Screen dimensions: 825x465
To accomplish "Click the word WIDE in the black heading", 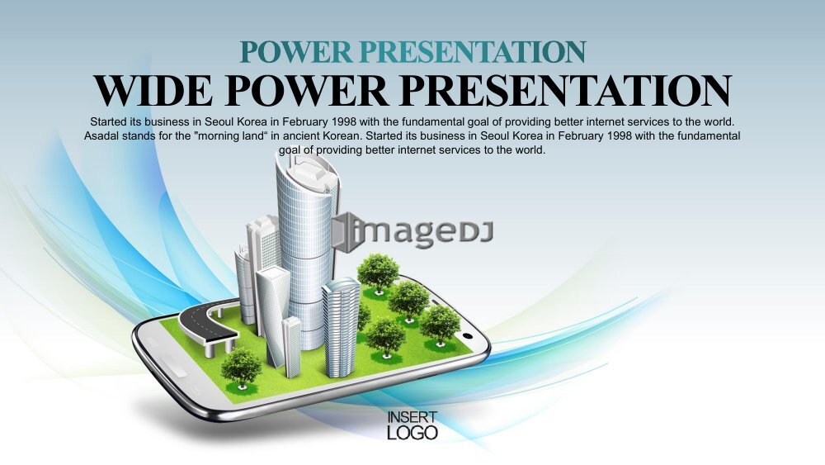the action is (x=153, y=91).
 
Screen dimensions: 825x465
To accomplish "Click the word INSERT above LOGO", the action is (x=412, y=417).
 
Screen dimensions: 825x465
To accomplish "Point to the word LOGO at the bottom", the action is (x=412, y=432).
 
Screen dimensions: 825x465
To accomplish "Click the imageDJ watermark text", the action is (x=421, y=232).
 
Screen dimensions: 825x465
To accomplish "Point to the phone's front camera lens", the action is (x=467, y=336).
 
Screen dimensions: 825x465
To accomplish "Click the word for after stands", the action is (x=165, y=136).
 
